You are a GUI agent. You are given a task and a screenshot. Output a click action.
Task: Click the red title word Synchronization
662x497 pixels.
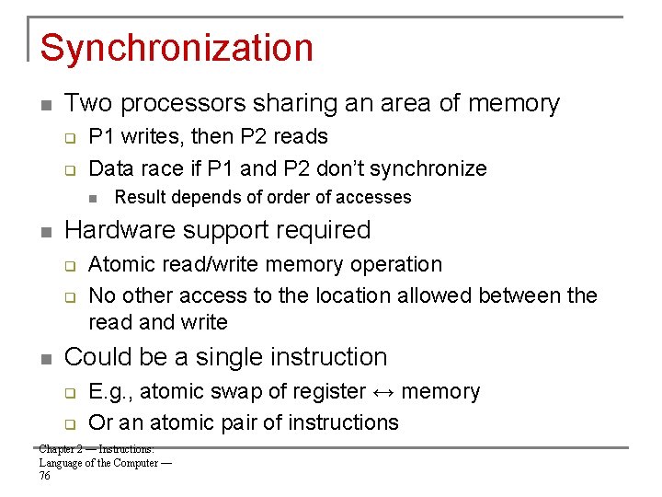tap(177, 48)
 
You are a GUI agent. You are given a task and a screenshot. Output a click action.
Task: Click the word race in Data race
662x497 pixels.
tap(160, 168)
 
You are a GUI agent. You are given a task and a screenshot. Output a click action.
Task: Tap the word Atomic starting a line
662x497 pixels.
tap(119, 265)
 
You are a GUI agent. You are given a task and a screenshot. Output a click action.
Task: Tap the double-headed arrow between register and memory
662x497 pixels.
tap(384, 392)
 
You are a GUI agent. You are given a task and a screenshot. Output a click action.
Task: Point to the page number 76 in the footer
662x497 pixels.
tap(45, 476)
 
